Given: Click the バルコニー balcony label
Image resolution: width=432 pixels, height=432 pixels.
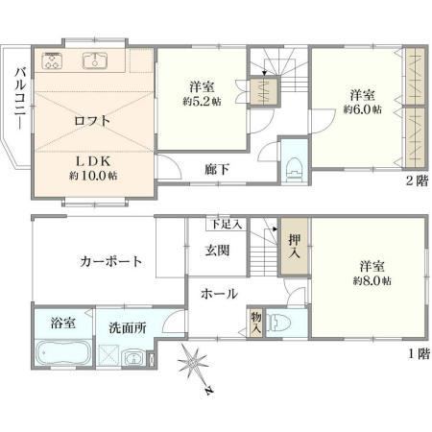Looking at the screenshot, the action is [20, 99].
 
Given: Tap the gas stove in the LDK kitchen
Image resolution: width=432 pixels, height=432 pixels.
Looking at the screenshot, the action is [51, 60].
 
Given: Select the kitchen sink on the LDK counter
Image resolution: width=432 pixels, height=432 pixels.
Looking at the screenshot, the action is [95, 60].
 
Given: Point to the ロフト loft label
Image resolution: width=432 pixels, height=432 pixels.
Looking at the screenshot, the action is [92, 121].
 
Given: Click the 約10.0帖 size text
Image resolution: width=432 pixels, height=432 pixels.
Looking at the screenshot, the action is [93, 176].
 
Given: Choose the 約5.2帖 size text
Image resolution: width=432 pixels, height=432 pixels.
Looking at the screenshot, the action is [202, 102].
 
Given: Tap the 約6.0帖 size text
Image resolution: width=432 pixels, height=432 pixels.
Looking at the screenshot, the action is [363, 109].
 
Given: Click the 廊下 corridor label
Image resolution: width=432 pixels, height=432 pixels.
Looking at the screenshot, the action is [217, 169].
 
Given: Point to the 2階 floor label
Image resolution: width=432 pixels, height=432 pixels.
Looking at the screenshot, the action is [417, 181].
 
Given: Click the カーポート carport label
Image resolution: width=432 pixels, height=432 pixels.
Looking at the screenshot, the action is [110, 261].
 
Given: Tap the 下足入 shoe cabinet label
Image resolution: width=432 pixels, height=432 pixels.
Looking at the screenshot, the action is [227, 225].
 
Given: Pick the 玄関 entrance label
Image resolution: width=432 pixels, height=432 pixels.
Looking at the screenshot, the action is [217, 251].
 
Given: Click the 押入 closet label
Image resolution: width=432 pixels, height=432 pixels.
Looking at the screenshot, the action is [295, 247].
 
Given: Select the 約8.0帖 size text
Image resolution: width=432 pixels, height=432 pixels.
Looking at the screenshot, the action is [372, 281].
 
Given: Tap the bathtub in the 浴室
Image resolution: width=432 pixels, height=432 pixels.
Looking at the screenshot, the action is [63, 353].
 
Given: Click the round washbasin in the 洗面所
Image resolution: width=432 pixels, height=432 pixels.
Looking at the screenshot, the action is [133, 358].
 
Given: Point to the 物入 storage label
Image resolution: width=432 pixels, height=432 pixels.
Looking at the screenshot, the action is [256, 323].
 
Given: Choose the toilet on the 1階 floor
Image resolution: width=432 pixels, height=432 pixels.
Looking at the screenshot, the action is [279, 323].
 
